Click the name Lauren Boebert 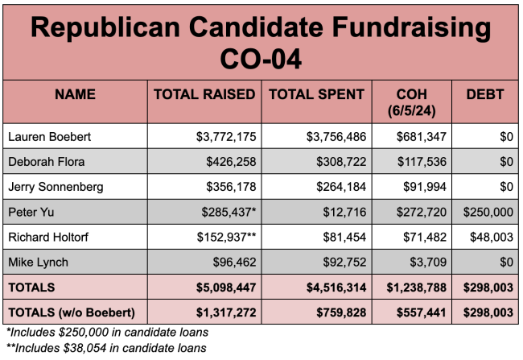pos(49,137)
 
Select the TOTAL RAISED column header pos(204,94)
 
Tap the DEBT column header pos(485,94)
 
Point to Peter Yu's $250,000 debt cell pos(485,213)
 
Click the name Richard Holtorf pos(48,238)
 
